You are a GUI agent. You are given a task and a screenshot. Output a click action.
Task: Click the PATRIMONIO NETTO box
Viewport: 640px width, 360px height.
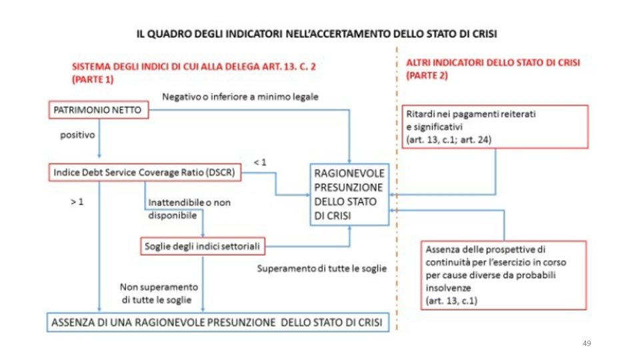(97, 110)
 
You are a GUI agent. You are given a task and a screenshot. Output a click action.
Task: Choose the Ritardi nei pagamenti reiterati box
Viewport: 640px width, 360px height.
(494, 127)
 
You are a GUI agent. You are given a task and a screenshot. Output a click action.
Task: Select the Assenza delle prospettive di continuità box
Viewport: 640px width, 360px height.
(503, 275)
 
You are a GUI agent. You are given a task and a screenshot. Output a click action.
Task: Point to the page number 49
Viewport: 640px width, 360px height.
(587, 343)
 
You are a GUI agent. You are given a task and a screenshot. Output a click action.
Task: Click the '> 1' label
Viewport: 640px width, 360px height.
(77, 201)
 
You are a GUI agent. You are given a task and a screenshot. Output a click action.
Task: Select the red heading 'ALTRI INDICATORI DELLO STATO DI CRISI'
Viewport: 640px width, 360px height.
(493, 63)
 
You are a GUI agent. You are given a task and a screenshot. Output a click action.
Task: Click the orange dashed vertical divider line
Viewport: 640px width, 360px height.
(397, 200)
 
